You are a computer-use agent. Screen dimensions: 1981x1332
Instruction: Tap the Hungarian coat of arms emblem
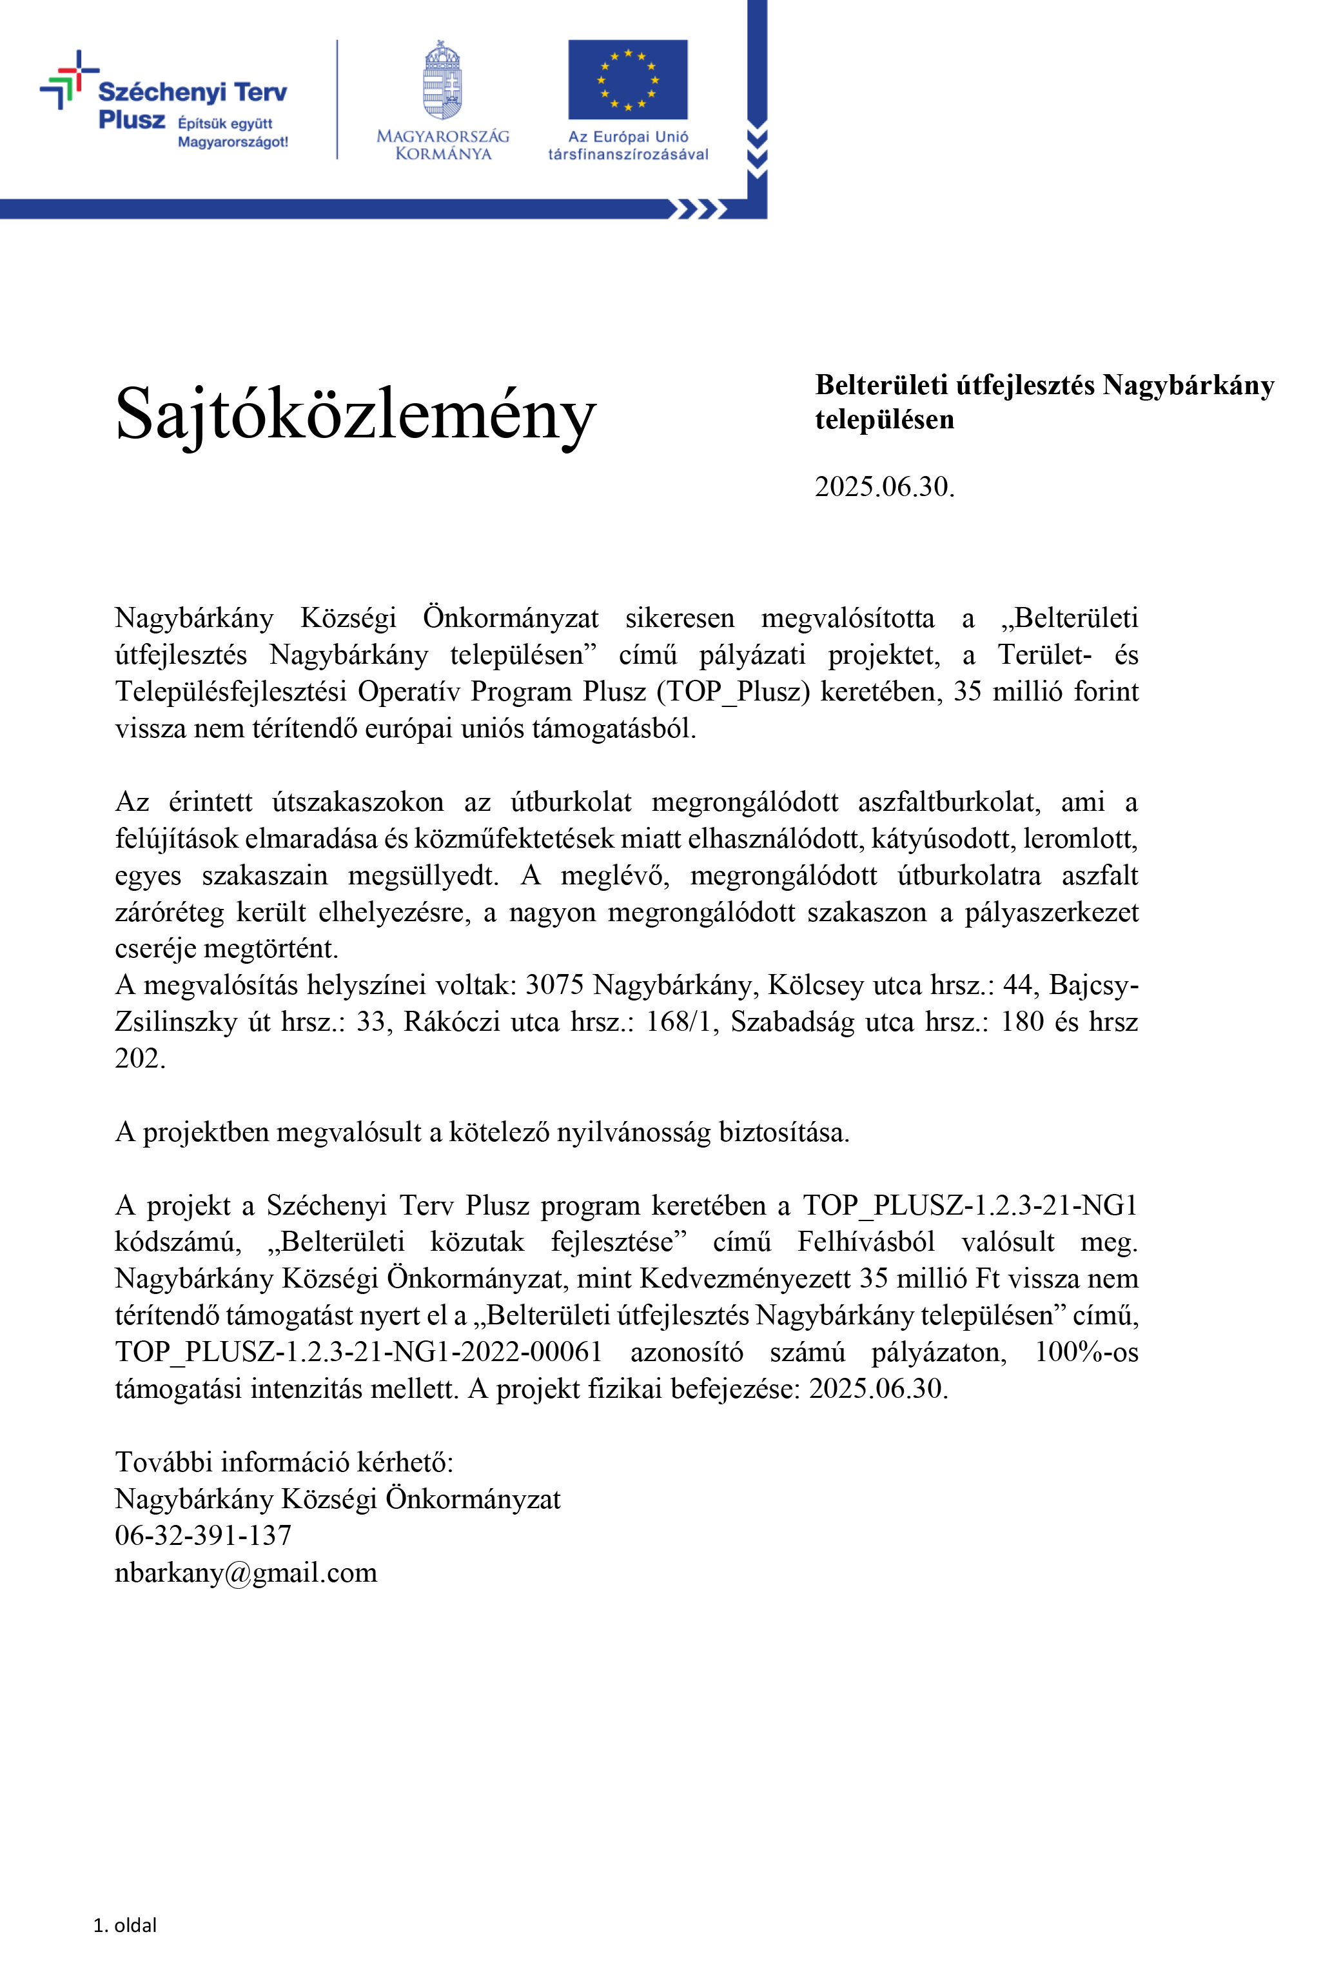tap(442, 80)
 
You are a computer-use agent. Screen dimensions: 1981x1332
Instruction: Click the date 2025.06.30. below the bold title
tap(885, 487)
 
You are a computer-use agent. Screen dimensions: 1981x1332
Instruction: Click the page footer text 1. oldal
tap(125, 1925)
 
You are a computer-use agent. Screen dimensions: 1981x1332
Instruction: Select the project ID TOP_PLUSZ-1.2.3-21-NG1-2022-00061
tap(358, 1352)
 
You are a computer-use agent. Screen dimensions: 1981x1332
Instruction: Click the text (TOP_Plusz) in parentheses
tap(733, 692)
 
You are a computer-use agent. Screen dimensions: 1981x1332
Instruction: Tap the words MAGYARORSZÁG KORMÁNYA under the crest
tap(442, 144)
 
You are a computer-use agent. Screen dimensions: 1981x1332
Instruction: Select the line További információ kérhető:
tap(284, 1462)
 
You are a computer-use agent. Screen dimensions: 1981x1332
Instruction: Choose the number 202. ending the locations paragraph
tap(140, 1058)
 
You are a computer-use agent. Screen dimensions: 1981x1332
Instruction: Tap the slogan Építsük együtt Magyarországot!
tap(232, 133)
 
